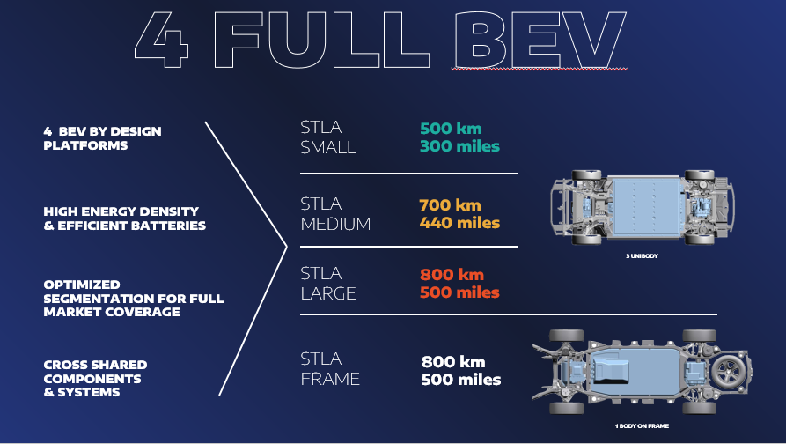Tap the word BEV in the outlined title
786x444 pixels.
(540, 40)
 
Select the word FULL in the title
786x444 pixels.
(321, 40)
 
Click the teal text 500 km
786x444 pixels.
(451, 129)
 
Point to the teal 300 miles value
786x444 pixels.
(459, 146)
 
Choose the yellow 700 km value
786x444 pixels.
(450, 205)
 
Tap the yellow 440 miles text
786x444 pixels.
(459, 223)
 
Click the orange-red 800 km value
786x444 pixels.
(452, 275)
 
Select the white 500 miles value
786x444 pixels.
(461, 380)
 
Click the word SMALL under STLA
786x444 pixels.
(328, 147)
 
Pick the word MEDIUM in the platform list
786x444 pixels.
(335, 224)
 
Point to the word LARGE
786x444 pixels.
(328, 293)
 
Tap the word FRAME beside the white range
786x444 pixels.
(330, 379)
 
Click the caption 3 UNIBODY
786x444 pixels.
(642, 255)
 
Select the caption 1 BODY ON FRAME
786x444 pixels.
(642, 425)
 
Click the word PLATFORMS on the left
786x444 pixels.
(85, 145)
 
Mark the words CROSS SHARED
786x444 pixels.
(95, 365)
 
